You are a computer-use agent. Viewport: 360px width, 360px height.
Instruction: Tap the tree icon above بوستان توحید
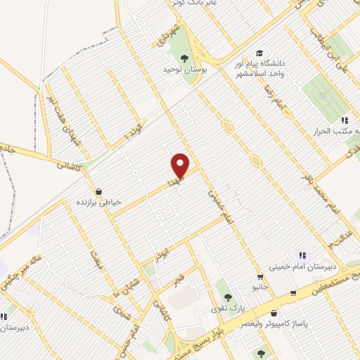(185, 58)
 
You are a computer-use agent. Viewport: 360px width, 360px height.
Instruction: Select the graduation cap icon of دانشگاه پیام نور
(259, 53)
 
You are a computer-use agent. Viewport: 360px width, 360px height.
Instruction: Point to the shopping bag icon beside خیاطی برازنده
(98, 191)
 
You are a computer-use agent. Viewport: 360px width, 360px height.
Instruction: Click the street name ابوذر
(162, 251)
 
